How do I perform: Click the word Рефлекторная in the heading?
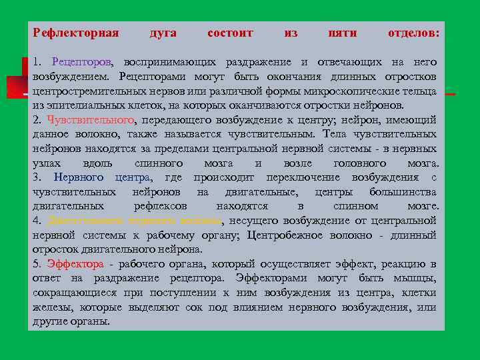(75, 33)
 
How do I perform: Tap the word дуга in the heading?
(163, 33)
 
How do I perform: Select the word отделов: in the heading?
(413, 33)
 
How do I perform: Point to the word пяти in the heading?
(343, 33)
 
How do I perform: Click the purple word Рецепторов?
(81, 62)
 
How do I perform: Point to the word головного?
(355, 163)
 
